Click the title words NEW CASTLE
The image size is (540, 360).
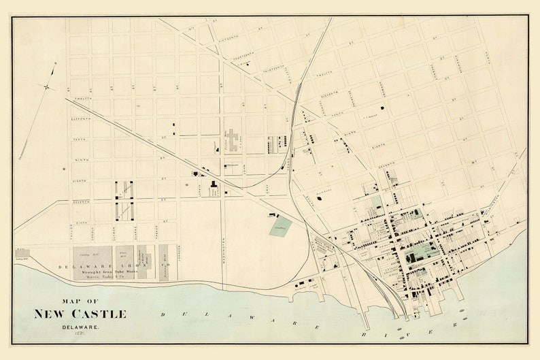click(x=80, y=314)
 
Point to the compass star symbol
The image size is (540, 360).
click(x=47, y=86)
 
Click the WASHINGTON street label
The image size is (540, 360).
click(x=223, y=254)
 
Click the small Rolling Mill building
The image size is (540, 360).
click(x=22, y=253)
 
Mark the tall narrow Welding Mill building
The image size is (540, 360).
click(x=163, y=262)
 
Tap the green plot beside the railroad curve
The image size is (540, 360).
click(x=280, y=226)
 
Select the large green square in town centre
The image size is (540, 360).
click(x=421, y=252)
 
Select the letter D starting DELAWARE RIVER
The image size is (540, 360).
click(x=163, y=314)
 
